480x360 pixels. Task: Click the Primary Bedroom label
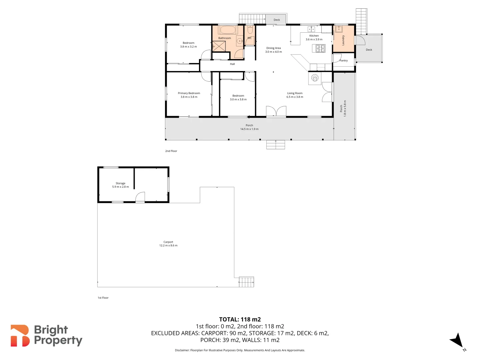(189, 93)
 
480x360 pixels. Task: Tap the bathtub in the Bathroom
(228, 30)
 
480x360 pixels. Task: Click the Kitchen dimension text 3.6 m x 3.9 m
(314, 39)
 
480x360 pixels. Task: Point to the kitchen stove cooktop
(320, 48)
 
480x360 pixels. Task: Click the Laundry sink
(339, 29)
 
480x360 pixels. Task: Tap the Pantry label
(344, 61)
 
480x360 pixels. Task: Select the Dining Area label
(273, 48)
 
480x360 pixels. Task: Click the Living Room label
(295, 93)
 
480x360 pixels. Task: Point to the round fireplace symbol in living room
(315, 78)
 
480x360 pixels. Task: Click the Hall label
(232, 64)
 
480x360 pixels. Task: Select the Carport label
(168, 242)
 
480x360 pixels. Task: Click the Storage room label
(120, 183)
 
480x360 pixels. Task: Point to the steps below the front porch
(275, 145)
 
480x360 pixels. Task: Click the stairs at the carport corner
(246, 282)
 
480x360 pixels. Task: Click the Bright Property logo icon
(20, 336)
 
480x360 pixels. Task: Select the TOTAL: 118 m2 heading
(240, 319)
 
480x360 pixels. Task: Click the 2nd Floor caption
(171, 151)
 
